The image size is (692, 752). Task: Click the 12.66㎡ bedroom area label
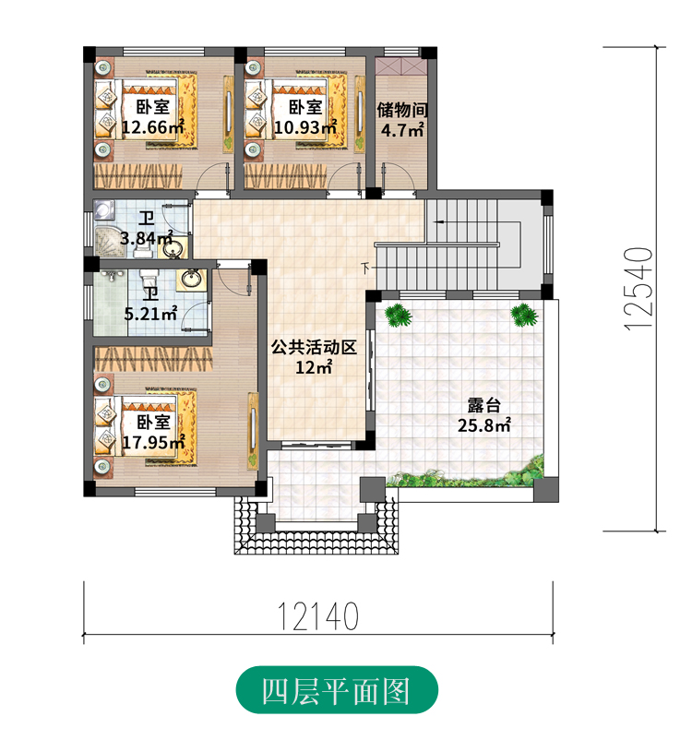[x=153, y=117]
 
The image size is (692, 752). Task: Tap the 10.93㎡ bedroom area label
[x=305, y=117]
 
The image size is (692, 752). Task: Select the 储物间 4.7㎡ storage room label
[x=402, y=119]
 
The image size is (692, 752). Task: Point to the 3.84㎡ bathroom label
[x=147, y=228]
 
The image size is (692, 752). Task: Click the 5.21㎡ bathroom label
[x=150, y=304]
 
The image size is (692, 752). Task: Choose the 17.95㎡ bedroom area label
[x=153, y=432]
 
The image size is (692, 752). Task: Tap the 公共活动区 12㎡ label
[x=314, y=357]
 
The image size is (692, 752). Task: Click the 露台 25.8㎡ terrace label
[x=483, y=415]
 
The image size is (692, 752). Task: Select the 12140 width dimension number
[x=318, y=616]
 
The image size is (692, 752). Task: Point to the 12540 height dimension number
[x=638, y=288]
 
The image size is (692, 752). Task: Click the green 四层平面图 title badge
[x=337, y=690]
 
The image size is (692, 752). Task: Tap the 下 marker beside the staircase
[x=366, y=269]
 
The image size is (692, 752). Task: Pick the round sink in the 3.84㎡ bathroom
[x=175, y=249]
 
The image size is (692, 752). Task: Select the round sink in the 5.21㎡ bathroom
[x=192, y=280]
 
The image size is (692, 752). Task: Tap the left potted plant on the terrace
[x=399, y=316]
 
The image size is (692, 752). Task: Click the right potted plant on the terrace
[x=524, y=315]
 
